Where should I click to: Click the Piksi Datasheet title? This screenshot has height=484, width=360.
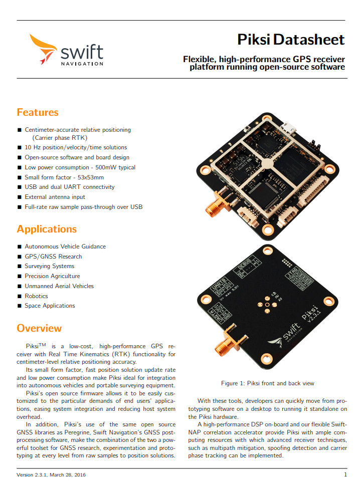(x=291, y=40)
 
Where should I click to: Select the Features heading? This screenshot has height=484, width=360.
(x=38, y=112)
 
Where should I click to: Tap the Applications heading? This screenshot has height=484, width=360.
(x=47, y=229)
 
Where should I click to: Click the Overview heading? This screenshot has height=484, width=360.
(x=39, y=328)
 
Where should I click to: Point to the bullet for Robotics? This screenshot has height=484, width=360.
(x=20, y=296)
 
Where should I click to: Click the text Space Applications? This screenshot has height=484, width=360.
(x=50, y=306)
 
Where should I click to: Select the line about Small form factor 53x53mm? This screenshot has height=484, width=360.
(x=64, y=177)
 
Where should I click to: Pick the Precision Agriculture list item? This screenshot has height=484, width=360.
(x=52, y=276)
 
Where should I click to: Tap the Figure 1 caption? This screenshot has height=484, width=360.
(x=268, y=383)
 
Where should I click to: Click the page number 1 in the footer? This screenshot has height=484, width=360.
(x=345, y=474)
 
